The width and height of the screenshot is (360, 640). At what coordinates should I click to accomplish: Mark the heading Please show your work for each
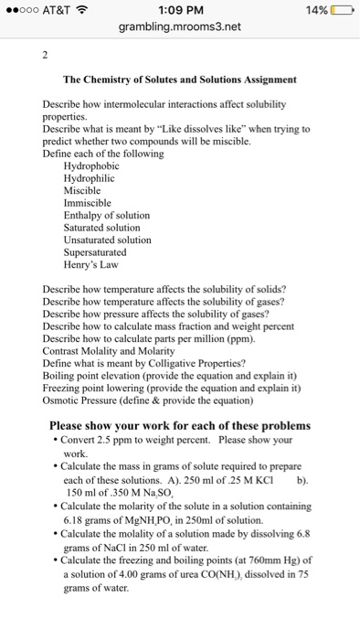coord(179,425)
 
